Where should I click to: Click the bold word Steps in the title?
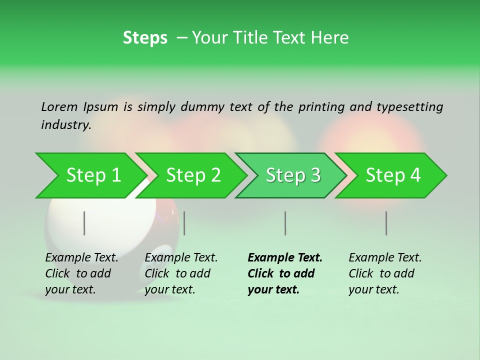(145, 38)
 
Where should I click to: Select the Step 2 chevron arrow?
(193, 175)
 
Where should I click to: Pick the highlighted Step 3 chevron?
(293, 175)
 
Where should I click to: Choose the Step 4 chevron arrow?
(393, 175)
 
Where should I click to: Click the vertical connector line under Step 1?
(84, 223)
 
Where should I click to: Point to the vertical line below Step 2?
(184, 223)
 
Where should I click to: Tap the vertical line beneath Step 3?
(285, 223)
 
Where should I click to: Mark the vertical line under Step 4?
(386, 223)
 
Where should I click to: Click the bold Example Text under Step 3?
(285, 273)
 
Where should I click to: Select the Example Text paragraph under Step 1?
(81, 273)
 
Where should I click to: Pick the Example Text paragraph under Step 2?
(181, 273)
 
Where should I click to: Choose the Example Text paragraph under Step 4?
(385, 273)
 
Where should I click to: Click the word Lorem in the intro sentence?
(59, 106)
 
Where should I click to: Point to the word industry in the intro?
(65, 125)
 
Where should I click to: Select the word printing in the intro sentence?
(321, 107)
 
